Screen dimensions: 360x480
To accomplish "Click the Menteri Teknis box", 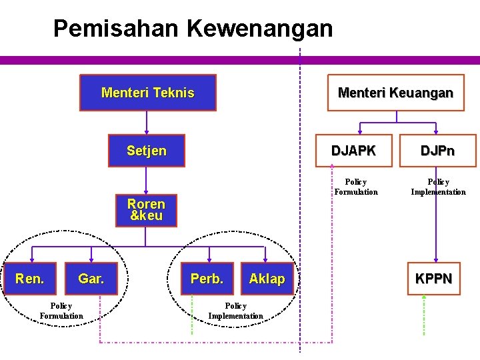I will [x=148, y=93].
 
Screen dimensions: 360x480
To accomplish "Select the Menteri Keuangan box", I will [x=395, y=93].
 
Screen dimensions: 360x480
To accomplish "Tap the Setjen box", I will [x=147, y=151].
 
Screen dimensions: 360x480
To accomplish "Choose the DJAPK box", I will [x=353, y=151].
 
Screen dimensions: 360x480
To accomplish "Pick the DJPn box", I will [x=437, y=151].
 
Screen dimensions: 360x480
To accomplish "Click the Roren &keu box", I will [x=146, y=209].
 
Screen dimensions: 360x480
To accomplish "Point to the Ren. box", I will [x=30, y=279].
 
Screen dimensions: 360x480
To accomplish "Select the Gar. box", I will [x=91, y=279].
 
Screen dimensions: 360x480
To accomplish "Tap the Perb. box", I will [x=207, y=279].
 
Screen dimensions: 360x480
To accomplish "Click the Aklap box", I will [x=267, y=279].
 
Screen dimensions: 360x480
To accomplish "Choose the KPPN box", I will [x=433, y=278].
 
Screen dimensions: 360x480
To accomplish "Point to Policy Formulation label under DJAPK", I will [x=355, y=187].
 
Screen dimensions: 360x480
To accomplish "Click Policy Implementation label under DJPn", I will [x=438, y=187].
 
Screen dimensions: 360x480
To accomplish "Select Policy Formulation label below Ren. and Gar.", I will [x=61, y=311].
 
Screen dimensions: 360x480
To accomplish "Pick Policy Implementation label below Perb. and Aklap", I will [x=235, y=311].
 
